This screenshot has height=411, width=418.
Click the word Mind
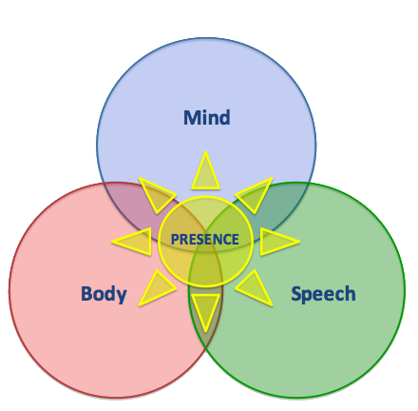point(207,117)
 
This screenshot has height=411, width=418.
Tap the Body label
point(104,294)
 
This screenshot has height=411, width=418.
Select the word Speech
point(323,294)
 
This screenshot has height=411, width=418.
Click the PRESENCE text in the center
point(205,240)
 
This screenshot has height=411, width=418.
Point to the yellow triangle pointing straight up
point(205,173)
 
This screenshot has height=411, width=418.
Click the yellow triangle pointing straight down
point(205,310)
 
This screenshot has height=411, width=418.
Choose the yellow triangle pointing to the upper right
point(256,193)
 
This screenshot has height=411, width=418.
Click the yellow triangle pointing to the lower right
point(256,289)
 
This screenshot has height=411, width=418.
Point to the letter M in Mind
point(192,118)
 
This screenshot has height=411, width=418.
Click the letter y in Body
point(121,297)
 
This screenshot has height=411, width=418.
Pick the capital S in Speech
point(296,294)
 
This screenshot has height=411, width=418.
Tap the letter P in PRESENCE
point(175,240)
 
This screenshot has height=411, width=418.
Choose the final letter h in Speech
point(350,293)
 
